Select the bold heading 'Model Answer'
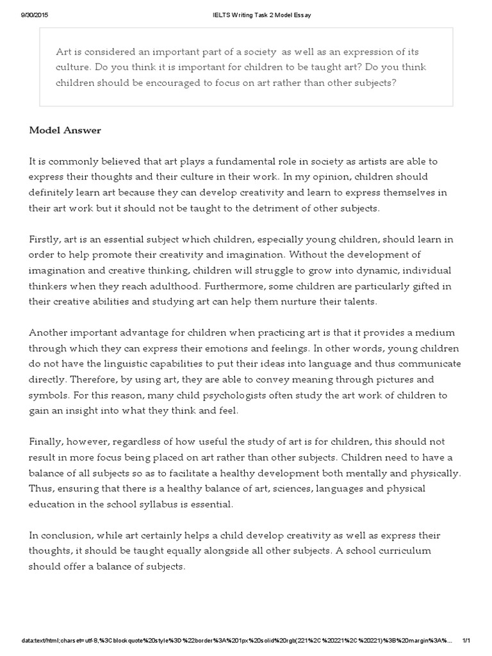click(x=65, y=130)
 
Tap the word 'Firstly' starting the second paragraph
click(x=44, y=239)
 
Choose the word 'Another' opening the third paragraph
click(x=49, y=332)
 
